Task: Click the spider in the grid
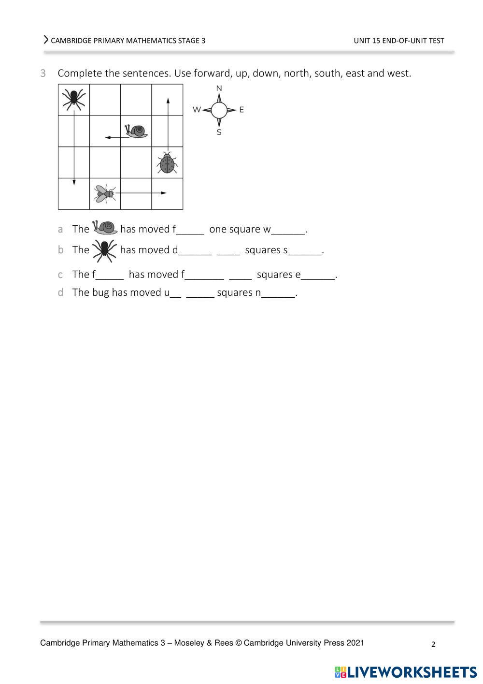[x=74, y=99]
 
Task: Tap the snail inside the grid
[x=137, y=131]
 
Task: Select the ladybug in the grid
[x=167, y=163]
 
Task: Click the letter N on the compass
[x=219, y=88]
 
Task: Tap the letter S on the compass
[x=219, y=132]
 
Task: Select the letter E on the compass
[x=241, y=110]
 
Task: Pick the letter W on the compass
[x=197, y=110]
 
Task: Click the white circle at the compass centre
[x=219, y=110]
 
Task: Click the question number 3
[x=43, y=73]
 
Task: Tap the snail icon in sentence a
[x=105, y=227]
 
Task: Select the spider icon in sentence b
[x=104, y=250]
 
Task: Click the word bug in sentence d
[x=100, y=292]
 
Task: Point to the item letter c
[x=60, y=275]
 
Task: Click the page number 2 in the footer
[x=433, y=644]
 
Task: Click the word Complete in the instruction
[x=79, y=73]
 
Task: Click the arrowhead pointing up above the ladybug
[x=168, y=101]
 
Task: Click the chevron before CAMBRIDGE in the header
[x=46, y=40]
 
